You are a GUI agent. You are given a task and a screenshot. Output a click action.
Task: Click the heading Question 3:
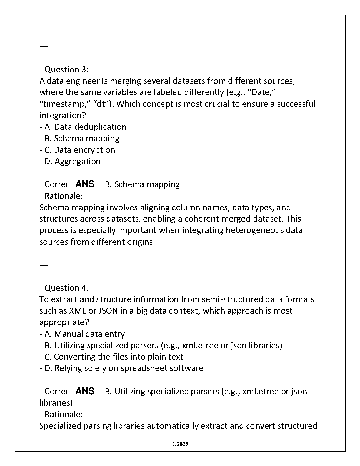[x=66, y=70]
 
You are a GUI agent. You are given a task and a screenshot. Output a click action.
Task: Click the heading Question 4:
[x=66, y=288]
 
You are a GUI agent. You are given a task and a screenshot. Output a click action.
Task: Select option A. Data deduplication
[x=85, y=127]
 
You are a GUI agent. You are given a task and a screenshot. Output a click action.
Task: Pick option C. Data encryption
[x=79, y=150]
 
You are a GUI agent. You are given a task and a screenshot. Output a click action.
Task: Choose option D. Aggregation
[x=72, y=161]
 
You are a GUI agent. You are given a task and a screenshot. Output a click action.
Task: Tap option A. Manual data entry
[x=84, y=334]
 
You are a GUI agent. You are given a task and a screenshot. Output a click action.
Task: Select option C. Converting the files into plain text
[x=114, y=357]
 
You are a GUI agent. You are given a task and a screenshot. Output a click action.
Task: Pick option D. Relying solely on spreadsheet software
[x=124, y=368]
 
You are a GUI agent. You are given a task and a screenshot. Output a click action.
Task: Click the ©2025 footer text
[x=180, y=444]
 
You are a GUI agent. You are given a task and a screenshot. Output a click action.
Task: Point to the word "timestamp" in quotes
[x=64, y=104]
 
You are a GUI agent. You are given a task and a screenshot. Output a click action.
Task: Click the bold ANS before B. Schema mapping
[x=85, y=184]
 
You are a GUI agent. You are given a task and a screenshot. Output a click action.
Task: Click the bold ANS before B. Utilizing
[x=85, y=391]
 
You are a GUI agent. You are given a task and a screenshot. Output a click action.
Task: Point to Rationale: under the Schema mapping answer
[x=64, y=196]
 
